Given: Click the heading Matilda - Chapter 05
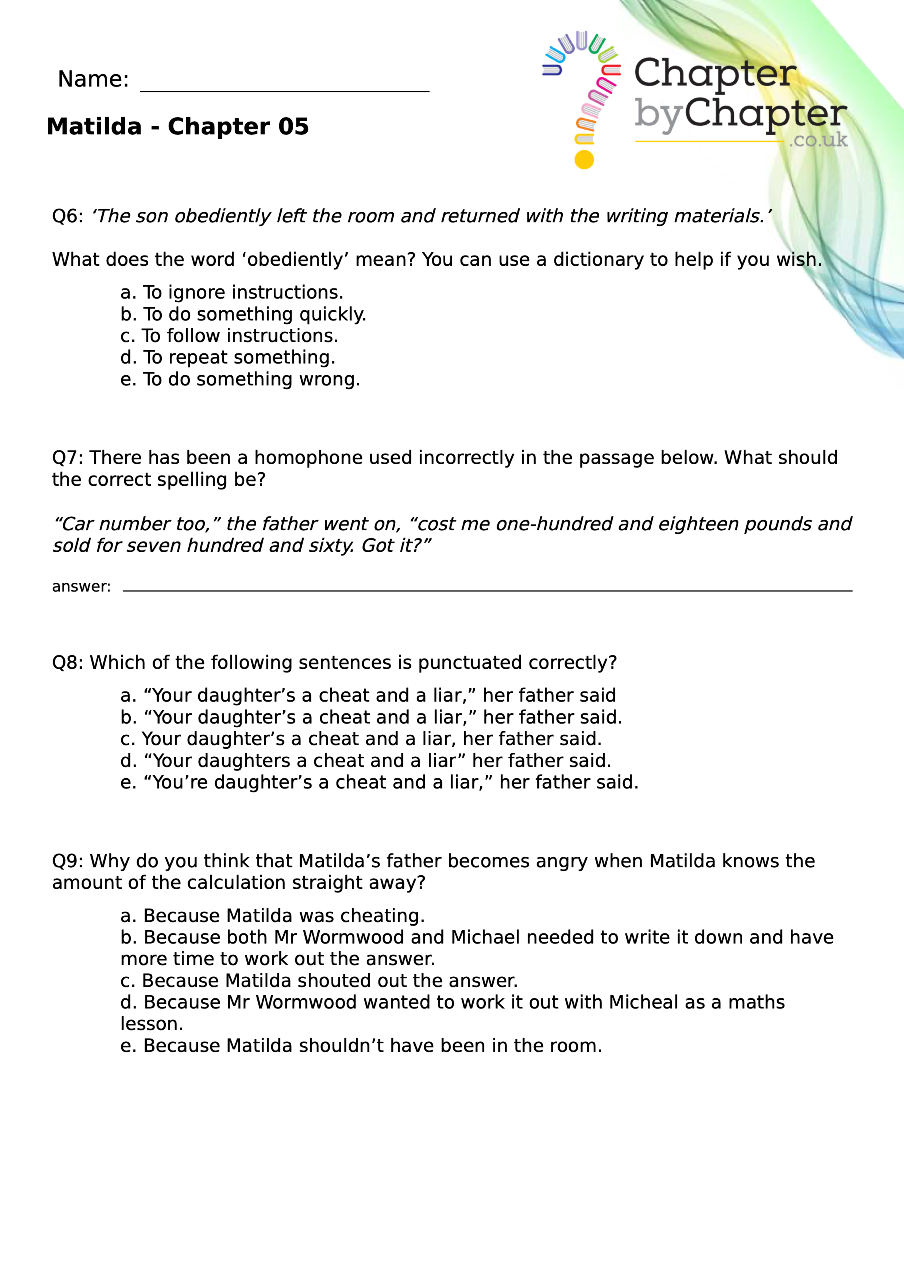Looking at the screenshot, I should coord(178,126).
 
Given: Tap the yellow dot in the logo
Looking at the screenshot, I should coord(584,160).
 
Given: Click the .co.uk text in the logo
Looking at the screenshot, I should coord(818,140).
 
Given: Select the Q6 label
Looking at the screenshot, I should coord(67,216).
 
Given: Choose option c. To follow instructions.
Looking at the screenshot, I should coord(229,336).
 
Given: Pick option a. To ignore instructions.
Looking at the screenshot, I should coord(232,292).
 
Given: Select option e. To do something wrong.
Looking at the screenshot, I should coord(240,379).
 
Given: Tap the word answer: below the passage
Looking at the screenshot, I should coord(81,586).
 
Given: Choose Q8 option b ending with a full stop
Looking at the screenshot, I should coord(371,717).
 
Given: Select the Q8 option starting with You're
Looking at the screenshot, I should coord(379,783).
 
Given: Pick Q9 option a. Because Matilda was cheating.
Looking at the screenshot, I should coord(272,916).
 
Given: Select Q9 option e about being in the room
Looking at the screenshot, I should coord(361,1046).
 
